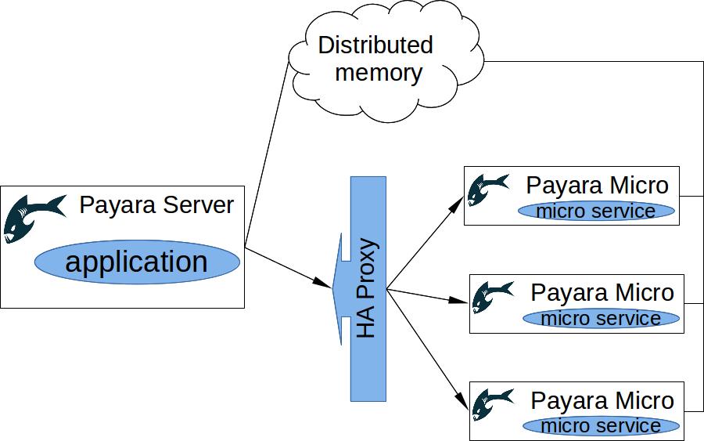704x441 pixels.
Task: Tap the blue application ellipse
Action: [137, 262]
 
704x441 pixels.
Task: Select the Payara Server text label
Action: [156, 205]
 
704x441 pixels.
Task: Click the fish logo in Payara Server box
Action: [33, 217]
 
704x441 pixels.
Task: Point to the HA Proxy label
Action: [367, 287]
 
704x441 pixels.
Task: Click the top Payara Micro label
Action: [598, 186]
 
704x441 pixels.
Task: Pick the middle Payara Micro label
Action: [602, 293]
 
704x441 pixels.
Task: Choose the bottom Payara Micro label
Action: [602, 400]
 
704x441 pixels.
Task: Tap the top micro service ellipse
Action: [596, 211]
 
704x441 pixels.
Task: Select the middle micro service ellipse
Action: [601, 318]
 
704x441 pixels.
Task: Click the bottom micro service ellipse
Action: [601, 425]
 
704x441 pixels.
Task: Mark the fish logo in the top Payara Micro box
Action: [488, 190]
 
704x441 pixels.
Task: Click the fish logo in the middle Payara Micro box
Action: [493, 298]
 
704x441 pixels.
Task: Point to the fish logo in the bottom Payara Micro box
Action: [493, 404]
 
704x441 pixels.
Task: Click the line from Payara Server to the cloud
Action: [267, 157]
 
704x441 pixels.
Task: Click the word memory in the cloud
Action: [379, 72]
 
